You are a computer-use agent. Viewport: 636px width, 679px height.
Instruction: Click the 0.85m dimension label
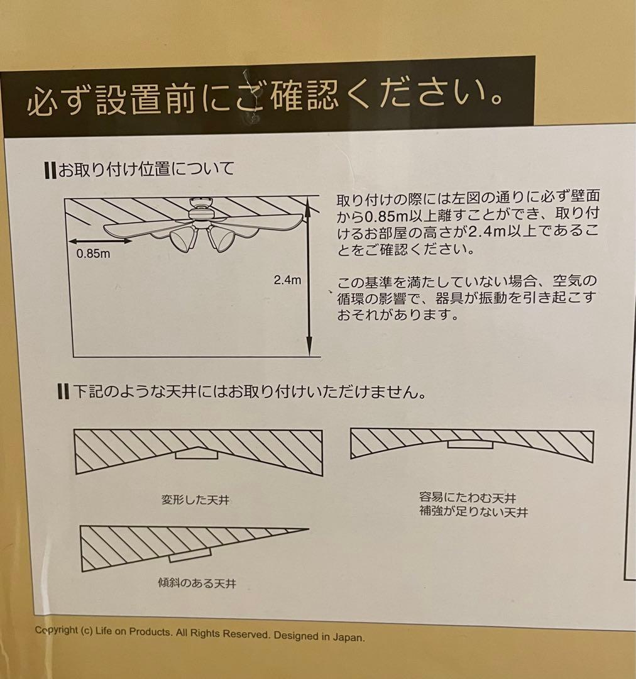pyautogui.click(x=93, y=255)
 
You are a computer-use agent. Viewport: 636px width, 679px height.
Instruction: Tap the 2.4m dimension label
pyautogui.click(x=287, y=280)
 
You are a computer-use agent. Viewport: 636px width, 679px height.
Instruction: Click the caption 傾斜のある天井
pyautogui.click(x=196, y=583)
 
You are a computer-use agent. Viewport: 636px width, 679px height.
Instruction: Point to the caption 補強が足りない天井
pyautogui.click(x=473, y=512)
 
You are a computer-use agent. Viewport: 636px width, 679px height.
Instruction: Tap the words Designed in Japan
pyautogui.click(x=319, y=636)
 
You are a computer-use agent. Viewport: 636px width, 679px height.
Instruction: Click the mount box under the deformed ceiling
pyautogui.click(x=197, y=453)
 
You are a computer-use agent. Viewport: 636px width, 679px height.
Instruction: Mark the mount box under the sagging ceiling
pyautogui.click(x=470, y=444)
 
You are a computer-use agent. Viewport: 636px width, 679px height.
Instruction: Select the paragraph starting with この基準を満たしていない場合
pyautogui.click(x=465, y=297)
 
